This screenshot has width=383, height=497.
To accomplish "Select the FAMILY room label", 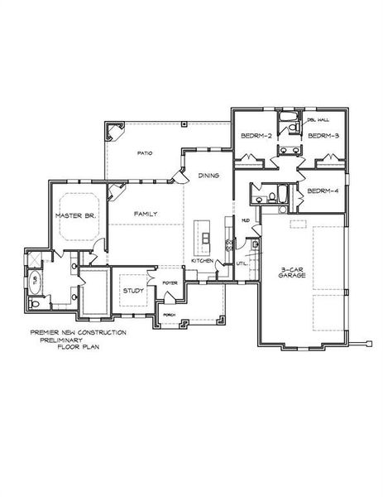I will click(x=146, y=214).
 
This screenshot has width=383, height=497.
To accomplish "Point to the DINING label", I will click(x=208, y=176).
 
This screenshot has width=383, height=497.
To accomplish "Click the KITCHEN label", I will click(x=203, y=260).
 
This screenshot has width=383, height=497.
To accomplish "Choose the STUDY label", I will click(x=133, y=291).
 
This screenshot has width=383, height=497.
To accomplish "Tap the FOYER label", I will click(x=170, y=282).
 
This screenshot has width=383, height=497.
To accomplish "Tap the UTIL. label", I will click(x=242, y=263).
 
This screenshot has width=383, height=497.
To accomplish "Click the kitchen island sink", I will click(x=203, y=240).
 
